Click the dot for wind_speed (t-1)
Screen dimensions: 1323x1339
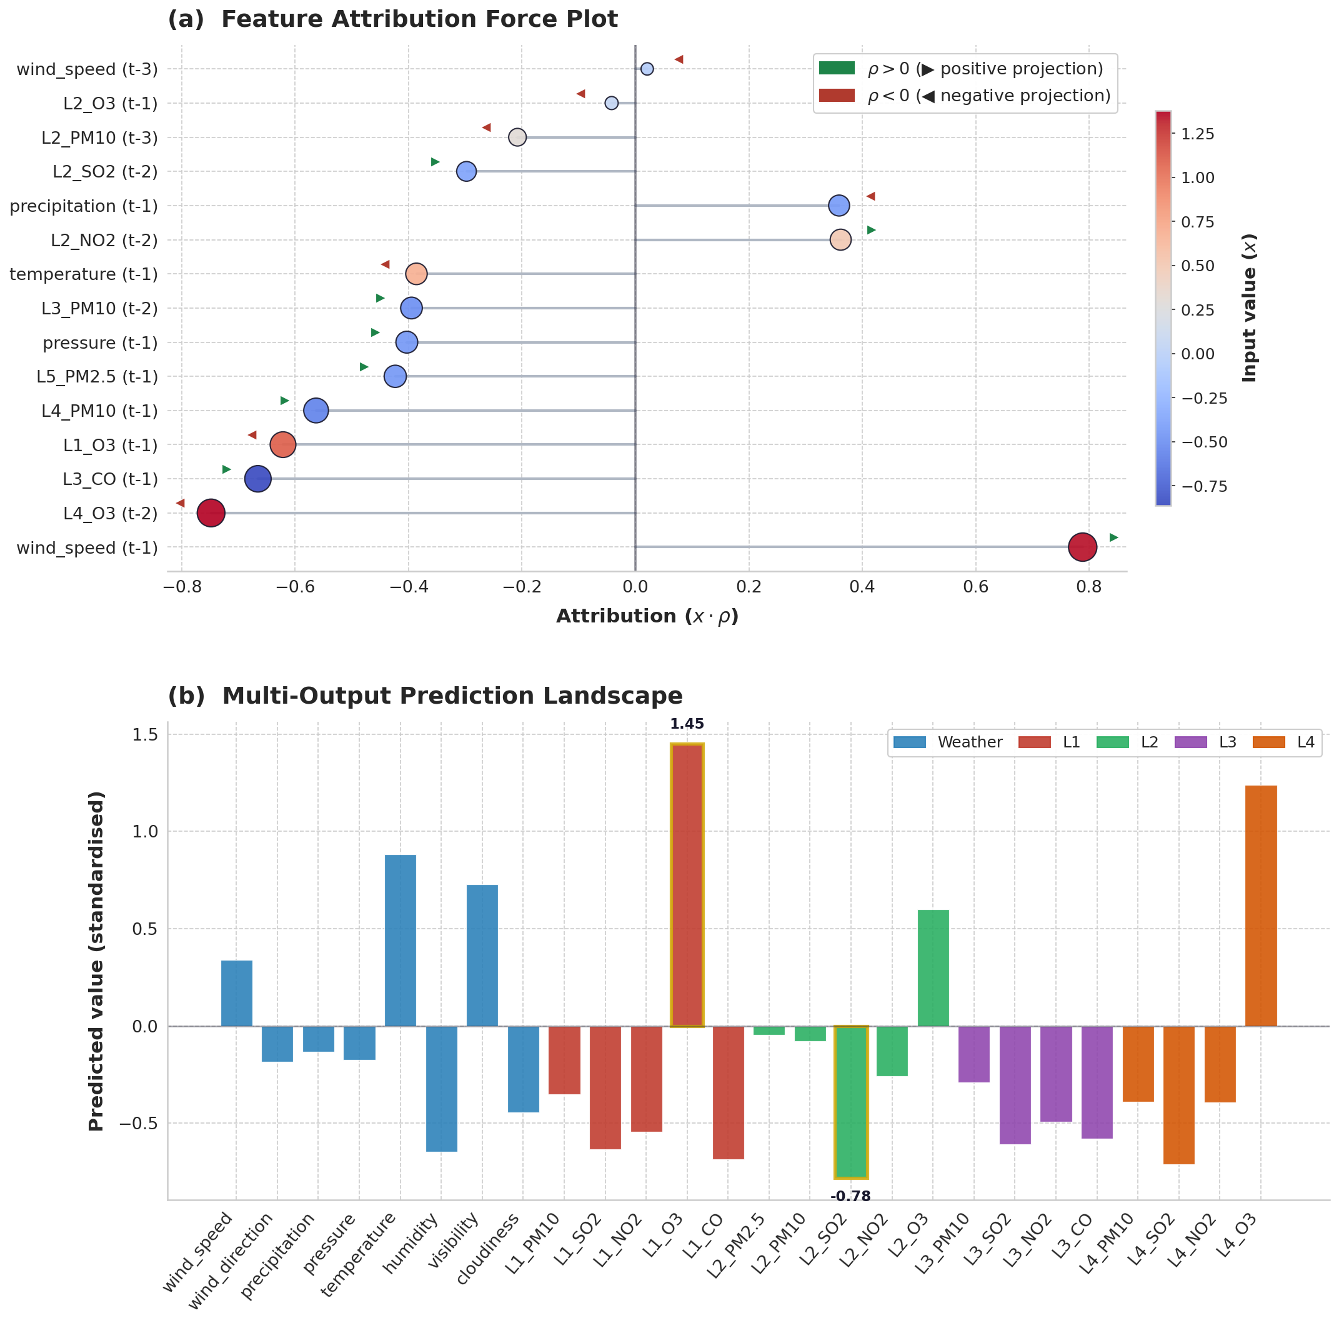pos(1082,547)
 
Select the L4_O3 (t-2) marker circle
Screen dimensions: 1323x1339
pos(211,513)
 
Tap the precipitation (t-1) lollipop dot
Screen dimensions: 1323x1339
pos(839,205)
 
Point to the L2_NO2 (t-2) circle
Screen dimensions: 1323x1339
pos(840,240)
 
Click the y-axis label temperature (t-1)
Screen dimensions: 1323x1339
pos(84,274)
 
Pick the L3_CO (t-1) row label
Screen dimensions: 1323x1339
pos(110,479)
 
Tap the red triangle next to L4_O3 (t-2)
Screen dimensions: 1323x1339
pos(180,502)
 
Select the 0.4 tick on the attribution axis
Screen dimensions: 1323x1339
pos(862,587)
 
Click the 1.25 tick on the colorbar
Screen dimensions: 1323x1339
pos(1198,134)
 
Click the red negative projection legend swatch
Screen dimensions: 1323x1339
pos(837,96)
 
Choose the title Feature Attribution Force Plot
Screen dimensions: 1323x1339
pos(419,19)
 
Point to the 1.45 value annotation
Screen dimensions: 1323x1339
pos(687,724)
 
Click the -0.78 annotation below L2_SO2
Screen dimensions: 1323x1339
pos(850,1196)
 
